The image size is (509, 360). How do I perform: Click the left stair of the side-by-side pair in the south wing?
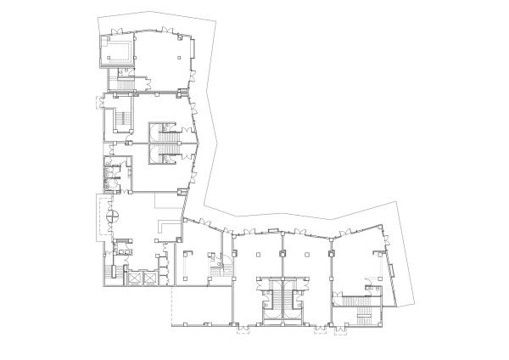point(271,299)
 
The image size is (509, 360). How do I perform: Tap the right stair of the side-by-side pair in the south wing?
point(294,299)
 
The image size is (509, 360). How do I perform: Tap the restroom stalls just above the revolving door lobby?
point(110,172)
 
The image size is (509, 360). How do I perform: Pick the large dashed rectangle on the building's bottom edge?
point(200,306)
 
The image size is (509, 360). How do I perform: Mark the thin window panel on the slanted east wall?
point(392,271)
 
